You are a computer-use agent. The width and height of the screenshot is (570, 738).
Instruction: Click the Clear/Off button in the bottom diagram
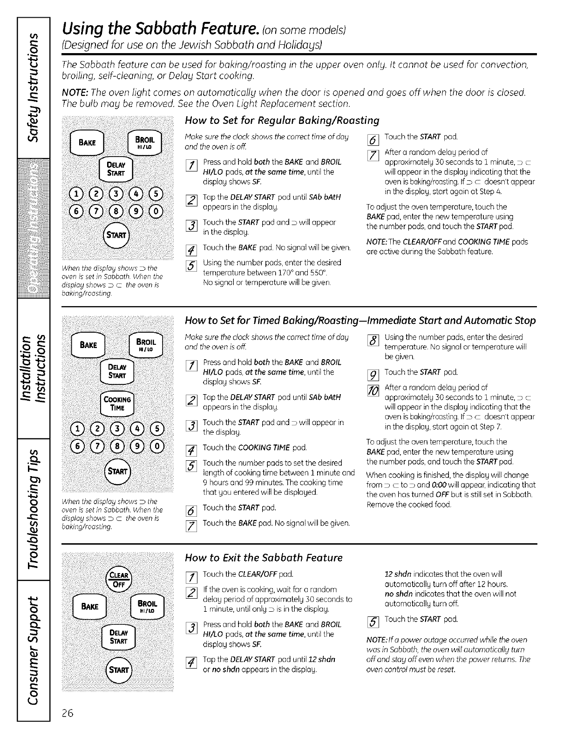tap(120, 580)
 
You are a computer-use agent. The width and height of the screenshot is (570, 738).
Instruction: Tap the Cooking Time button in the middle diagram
tap(117, 403)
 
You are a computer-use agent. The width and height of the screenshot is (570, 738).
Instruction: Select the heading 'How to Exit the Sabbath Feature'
tap(264, 558)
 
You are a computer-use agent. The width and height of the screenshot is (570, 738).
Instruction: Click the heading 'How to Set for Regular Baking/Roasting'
tap(282, 121)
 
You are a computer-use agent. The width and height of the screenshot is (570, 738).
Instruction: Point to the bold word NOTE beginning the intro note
tap(75, 92)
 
